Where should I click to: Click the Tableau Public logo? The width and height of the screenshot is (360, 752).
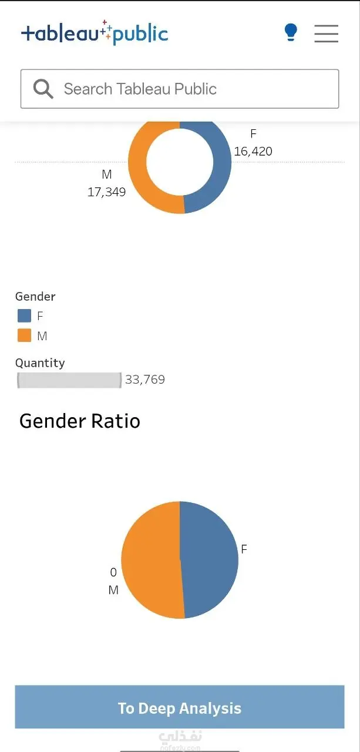coord(95,33)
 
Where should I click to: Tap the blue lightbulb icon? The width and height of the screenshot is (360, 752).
coord(291,32)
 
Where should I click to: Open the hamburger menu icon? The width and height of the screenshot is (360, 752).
coord(326,33)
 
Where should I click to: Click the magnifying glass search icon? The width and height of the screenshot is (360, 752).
coord(43,89)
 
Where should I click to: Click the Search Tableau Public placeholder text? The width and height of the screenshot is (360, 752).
coord(140,89)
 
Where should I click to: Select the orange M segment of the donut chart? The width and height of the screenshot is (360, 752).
coord(138,168)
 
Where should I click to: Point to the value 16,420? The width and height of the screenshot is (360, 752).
coord(253,152)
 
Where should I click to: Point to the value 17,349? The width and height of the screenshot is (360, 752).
coord(106,192)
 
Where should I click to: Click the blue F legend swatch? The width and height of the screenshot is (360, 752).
coord(24,315)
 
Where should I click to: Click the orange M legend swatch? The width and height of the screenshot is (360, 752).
coord(24,335)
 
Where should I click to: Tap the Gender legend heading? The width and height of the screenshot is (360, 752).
coord(35,297)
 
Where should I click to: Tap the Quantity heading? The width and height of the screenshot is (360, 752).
coord(40,363)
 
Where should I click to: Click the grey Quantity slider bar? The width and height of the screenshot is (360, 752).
coord(69,380)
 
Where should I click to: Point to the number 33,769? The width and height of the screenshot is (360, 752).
coord(145,380)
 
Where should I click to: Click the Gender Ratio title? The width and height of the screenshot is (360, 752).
coord(80,421)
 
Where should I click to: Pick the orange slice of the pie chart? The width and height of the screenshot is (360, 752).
coord(151,560)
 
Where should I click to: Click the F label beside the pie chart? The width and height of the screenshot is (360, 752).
coord(244,549)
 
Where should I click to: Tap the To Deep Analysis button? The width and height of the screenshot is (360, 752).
coord(180,707)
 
